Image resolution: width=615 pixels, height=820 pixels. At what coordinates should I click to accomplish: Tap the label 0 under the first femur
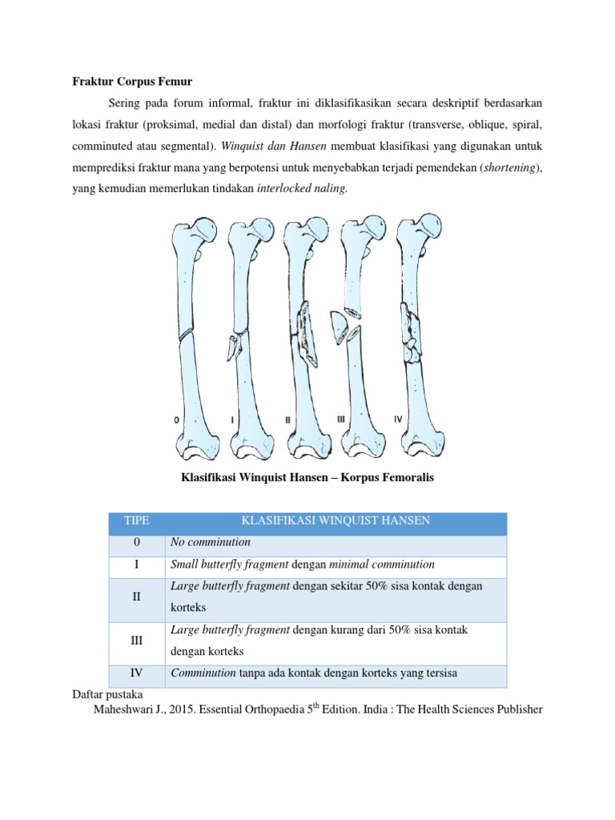(x=176, y=419)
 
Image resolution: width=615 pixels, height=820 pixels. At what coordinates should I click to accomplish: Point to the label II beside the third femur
(x=288, y=419)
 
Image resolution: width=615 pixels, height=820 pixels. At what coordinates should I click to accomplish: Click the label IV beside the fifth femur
(x=398, y=419)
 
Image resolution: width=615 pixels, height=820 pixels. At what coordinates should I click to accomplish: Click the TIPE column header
(x=136, y=521)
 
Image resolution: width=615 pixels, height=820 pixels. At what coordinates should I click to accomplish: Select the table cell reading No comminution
(x=211, y=543)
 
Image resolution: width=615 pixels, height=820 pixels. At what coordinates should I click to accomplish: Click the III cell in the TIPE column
(x=136, y=641)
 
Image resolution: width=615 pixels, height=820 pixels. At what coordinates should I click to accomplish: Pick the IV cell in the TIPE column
(x=136, y=673)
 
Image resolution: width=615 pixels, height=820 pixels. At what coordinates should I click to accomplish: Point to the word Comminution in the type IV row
(x=203, y=673)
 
